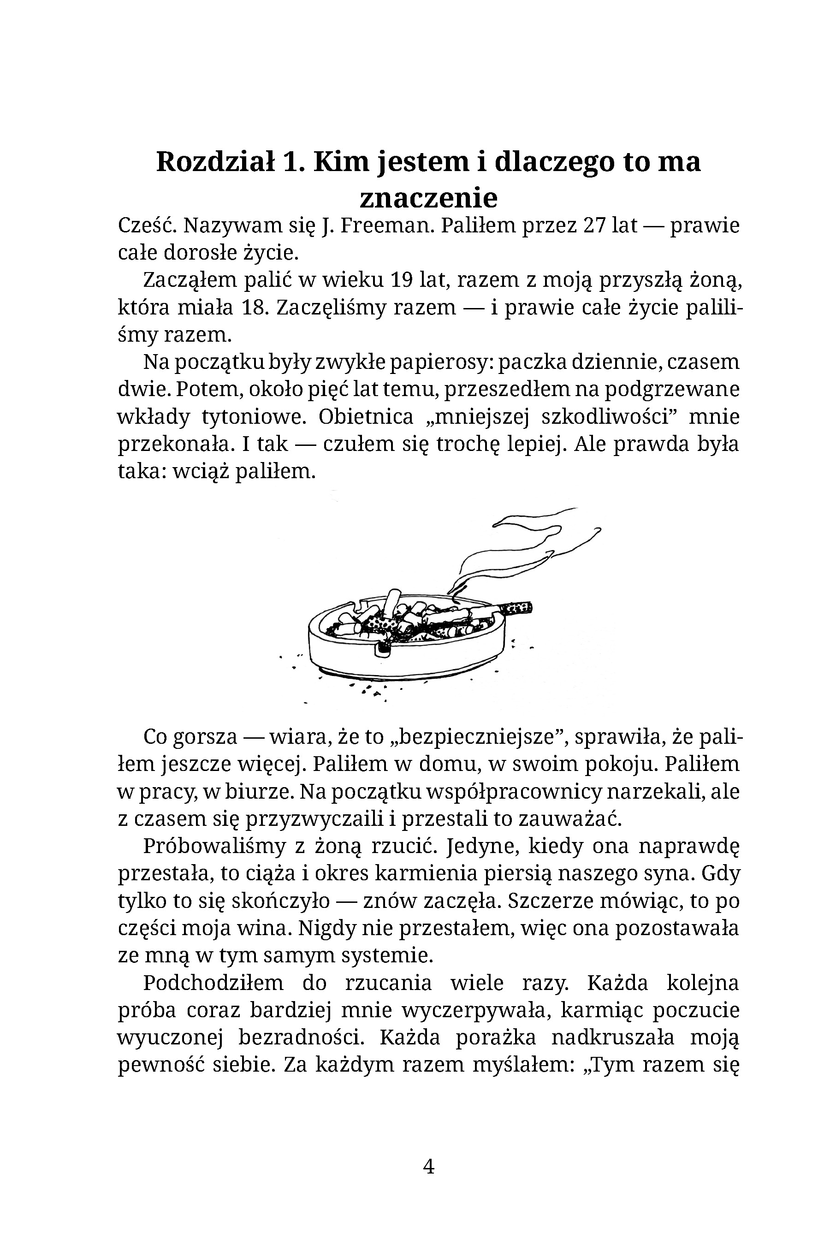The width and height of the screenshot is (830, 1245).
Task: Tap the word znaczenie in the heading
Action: (x=428, y=198)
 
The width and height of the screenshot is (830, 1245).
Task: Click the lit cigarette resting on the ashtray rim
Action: (x=512, y=608)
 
